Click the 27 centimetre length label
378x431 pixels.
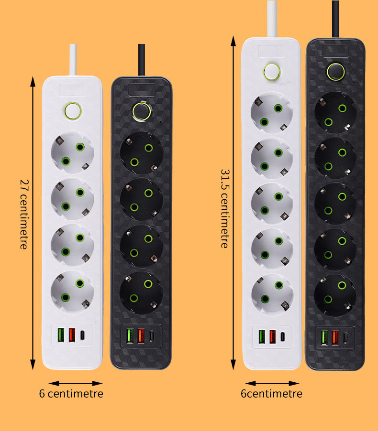[24, 214]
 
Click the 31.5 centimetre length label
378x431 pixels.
[225, 209]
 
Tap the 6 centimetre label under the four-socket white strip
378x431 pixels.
[71, 394]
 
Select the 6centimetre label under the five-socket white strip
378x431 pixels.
[271, 394]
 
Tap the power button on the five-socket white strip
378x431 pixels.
[272, 72]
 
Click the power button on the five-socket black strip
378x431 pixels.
[335, 72]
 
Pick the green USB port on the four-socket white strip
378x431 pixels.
[61, 335]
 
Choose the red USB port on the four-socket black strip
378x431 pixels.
[141, 335]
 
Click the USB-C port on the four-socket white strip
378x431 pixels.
[82, 335]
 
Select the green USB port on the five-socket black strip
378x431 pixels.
[324, 337]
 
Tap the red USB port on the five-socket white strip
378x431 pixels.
[272, 336]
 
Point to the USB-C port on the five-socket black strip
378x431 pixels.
[345, 338]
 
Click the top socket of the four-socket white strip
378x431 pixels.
[72, 152]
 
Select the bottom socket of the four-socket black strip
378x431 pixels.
[141, 293]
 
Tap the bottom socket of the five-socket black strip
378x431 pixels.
[335, 295]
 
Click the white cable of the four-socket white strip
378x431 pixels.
[73, 60]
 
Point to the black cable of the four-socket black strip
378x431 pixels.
[142, 60]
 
